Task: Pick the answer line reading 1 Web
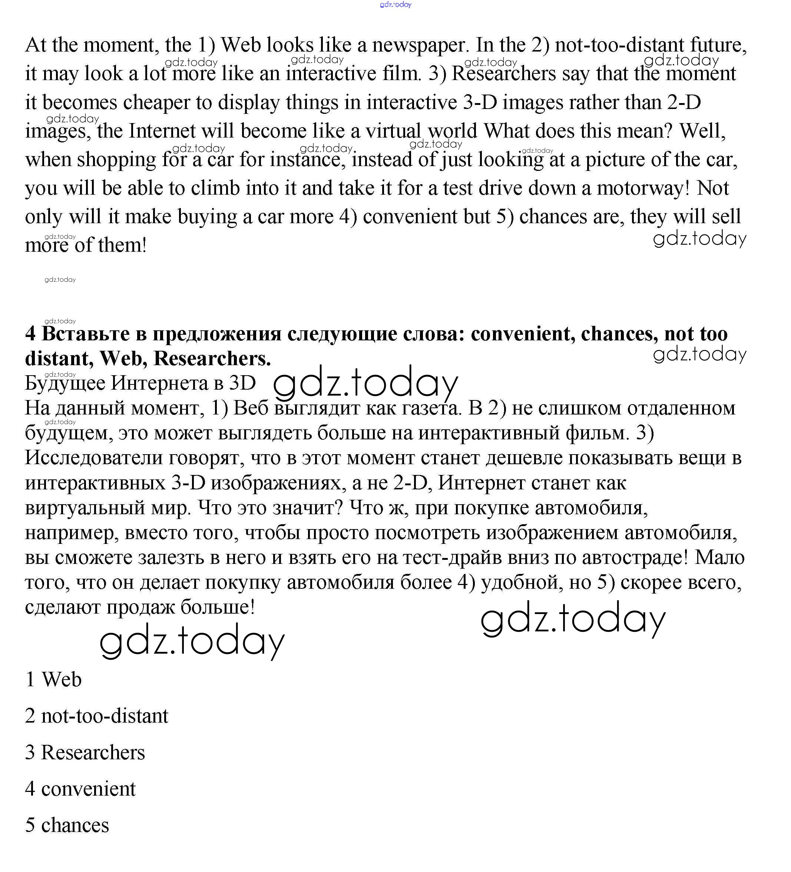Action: click(x=53, y=680)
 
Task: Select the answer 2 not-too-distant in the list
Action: click(x=96, y=716)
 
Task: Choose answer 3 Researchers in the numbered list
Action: click(x=85, y=753)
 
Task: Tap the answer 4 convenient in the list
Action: click(x=80, y=789)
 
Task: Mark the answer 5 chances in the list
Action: click(x=67, y=825)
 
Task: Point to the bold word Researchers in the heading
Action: click(x=212, y=359)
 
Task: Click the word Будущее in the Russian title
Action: click(x=65, y=384)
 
